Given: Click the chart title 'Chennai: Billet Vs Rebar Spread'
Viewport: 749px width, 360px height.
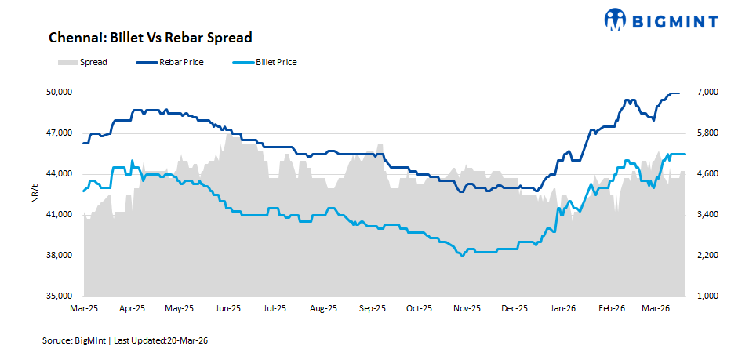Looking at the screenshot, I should (x=150, y=38).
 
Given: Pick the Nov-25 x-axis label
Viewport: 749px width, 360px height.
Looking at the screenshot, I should (x=467, y=309).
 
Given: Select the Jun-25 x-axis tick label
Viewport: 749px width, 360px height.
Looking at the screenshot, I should (x=227, y=309).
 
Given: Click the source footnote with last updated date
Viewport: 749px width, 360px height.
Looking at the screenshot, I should (x=125, y=341).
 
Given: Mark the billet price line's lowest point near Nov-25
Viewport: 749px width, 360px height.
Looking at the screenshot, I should (x=462, y=256).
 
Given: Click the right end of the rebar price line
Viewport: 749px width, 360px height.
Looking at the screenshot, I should (x=679, y=93).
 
